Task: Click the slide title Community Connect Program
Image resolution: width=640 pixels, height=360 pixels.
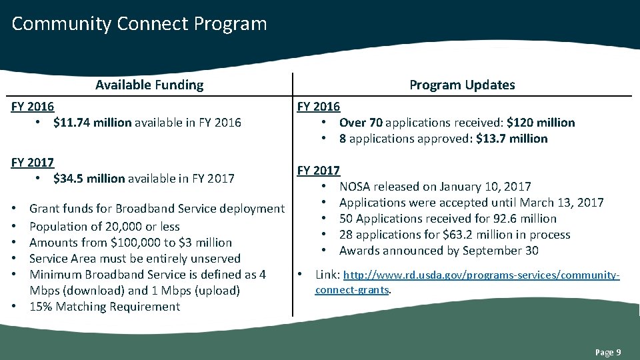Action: (x=139, y=24)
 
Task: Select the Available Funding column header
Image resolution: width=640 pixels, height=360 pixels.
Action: (x=149, y=85)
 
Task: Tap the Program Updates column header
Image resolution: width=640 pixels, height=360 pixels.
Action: (x=462, y=85)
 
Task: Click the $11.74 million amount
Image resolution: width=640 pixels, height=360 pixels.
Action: (x=92, y=123)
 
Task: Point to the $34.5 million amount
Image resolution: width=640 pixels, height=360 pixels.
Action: (x=89, y=179)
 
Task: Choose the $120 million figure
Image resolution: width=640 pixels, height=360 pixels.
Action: (x=540, y=123)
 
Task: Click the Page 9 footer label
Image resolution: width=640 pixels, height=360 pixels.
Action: (x=608, y=352)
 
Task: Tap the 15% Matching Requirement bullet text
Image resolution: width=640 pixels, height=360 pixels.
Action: (x=105, y=307)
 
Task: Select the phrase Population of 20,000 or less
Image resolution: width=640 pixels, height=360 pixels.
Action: (x=105, y=227)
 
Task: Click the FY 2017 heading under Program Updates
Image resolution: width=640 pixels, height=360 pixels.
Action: (x=319, y=171)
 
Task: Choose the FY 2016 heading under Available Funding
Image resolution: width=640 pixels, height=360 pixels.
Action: (x=33, y=107)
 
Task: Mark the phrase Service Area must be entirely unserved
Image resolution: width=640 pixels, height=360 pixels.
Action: (x=135, y=259)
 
